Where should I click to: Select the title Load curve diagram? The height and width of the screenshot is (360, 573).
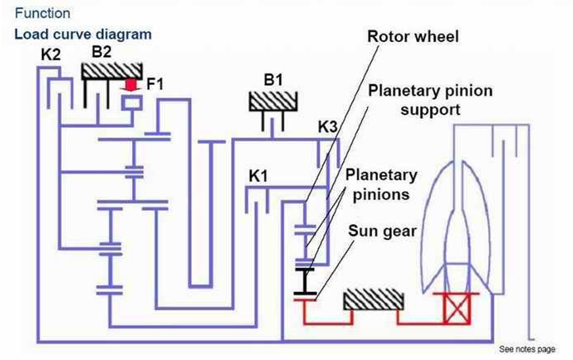click(83, 34)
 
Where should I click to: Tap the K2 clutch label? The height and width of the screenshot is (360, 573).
click(51, 55)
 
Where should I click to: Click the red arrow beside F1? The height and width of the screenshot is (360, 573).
click(133, 84)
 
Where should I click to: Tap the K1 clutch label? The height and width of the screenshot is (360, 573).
click(260, 175)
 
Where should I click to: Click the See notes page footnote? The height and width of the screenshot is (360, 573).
click(527, 349)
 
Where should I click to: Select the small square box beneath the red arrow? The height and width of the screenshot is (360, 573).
click(133, 102)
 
